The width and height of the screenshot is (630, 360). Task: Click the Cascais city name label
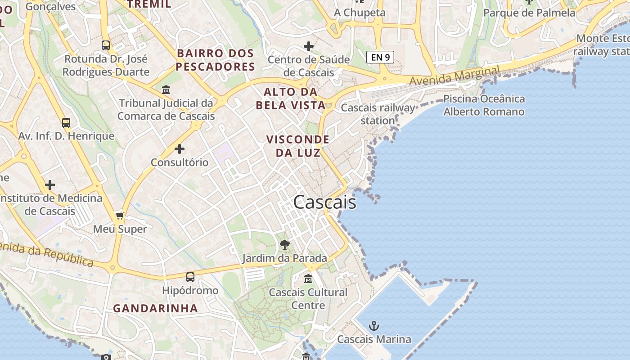pyautogui.click(x=324, y=202)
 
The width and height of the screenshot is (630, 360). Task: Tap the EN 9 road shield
pyautogui.click(x=380, y=57)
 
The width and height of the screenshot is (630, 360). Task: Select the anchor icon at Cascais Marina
pyautogui.click(x=373, y=325)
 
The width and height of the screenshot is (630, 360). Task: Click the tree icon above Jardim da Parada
pyautogui.click(x=284, y=245)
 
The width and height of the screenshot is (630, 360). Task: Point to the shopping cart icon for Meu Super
pyautogui.click(x=120, y=216)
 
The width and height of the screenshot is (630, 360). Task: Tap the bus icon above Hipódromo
pyautogui.click(x=190, y=277)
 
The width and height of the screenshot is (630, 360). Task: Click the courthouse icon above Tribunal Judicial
pyautogui.click(x=166, y=90)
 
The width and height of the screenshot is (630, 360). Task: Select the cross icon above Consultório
pyautogui.click(x=180, y=149)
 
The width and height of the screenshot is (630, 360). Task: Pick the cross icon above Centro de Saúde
pyautogui.click(x=309, y=46)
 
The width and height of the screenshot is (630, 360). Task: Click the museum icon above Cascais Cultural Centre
pyautogui.click(x=308, y=279)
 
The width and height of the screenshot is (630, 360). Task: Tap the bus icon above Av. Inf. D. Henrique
pyautogui.click(x=66, y=122)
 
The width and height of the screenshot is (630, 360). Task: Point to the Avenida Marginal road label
pyautogui.click(x=454, y=76)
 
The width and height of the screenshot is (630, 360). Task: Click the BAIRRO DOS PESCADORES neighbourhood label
pyautogui.click(x=216, y=60)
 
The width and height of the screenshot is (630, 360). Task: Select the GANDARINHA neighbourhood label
pyautogui.click(x=155, y=308)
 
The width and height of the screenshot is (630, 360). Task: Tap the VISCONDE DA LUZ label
pyautogui.click(x=298, y=146)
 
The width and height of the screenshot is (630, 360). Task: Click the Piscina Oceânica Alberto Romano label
pyautogui.click(x=484, y=105)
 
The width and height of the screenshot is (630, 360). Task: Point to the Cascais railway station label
pyautogui.click(x=378, y=114)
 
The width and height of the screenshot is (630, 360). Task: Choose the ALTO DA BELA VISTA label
pyautogui.click(x=291, y=99)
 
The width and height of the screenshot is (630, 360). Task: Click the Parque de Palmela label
pyautogui.click(x=529, y=13)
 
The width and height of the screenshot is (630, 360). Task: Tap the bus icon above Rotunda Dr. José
pyautogui.click(x=106, y=45)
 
